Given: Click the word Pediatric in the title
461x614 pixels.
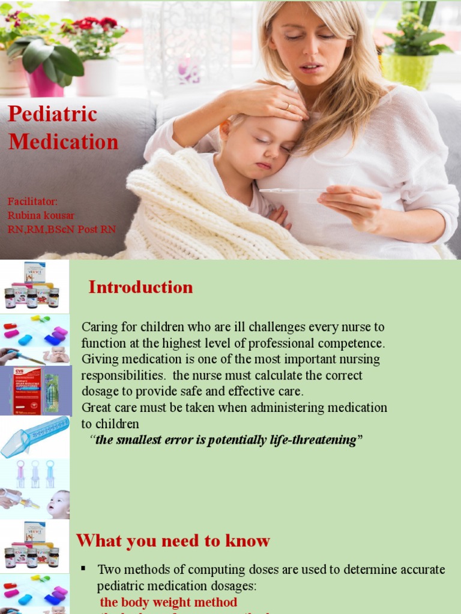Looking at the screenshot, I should point(52,114).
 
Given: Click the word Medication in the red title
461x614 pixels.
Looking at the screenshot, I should point(63,142).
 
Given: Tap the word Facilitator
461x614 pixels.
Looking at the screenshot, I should point(33,201).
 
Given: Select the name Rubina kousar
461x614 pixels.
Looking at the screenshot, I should point(41,215).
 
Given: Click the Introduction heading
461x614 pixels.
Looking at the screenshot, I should point(140,287).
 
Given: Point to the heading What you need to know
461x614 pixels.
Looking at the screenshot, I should point(173,541).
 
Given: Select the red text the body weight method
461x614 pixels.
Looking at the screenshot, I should point(168,602).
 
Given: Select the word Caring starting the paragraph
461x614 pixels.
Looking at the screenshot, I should point(100,327).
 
